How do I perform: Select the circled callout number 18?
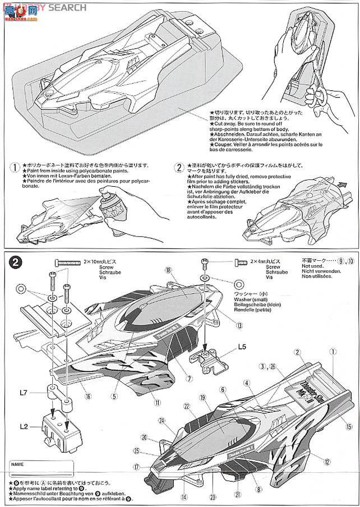tap(167, 270)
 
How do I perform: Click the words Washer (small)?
tap(256, 300)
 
